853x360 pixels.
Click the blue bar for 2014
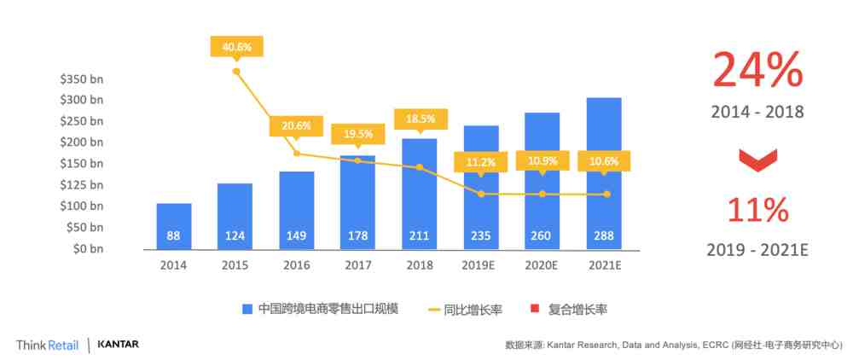point(173,226)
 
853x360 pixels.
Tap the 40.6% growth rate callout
point(236,46)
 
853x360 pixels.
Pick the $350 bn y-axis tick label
point(81,78)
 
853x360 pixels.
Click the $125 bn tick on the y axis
point(81,184)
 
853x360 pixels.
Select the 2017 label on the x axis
point(357,264)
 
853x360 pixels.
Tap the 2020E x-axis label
point(542,264)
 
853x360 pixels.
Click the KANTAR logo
point(119,345)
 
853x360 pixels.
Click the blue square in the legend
point(247,308)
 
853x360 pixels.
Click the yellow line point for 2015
point(236,71)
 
